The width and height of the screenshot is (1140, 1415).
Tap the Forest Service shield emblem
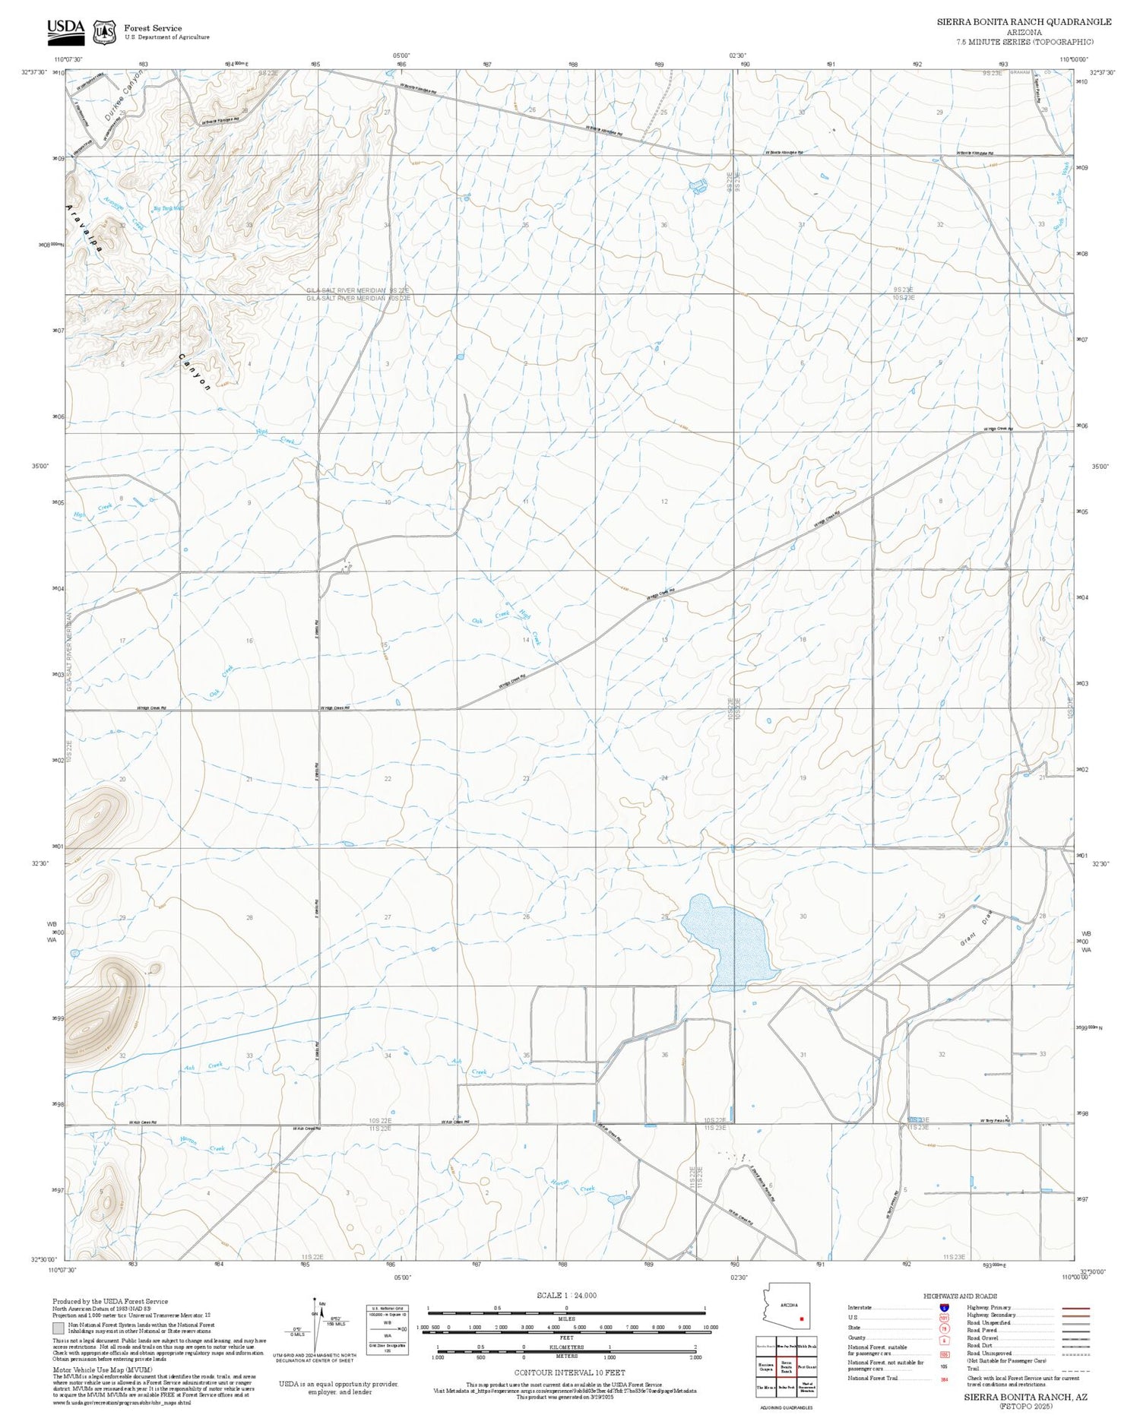click(x=104, y=32)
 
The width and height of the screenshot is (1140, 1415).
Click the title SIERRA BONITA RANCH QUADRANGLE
click(x=1024, y=21)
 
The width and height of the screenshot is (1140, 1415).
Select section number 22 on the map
click(x=388, y=779)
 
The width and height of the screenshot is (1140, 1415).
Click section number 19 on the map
click(x=803, y=778)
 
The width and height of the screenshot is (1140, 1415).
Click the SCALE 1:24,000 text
click(x=566, y=1295)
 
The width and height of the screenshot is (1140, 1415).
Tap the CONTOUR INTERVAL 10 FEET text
click(x=569, y=1372)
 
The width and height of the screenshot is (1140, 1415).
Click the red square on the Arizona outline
click(x=801, y=1318)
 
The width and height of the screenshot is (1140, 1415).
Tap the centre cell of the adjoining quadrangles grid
click(x=787, y=1366)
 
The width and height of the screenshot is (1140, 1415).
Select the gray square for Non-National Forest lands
click(x=59, y=1329)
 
